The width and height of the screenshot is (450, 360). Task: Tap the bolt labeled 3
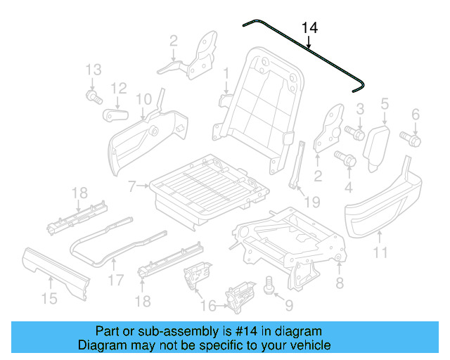355,131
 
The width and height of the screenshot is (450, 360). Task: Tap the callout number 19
311,202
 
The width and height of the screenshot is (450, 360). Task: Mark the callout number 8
340,283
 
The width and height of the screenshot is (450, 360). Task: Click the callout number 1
226,73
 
